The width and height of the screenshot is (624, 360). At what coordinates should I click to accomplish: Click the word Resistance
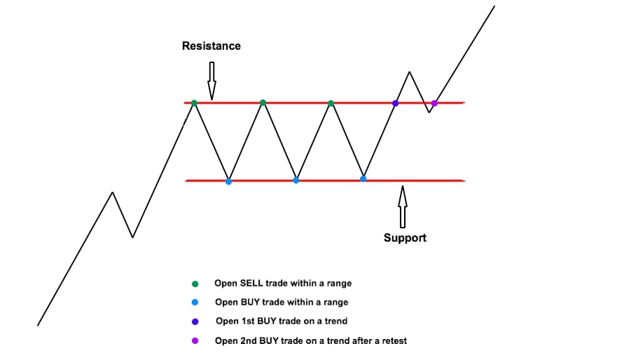pyautogui.click(x=212, y=46)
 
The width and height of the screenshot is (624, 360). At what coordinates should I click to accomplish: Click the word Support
pyautogui.click(x=405, y=238)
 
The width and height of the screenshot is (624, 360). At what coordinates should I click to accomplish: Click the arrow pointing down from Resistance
pyautogui.click(x=212, y=81)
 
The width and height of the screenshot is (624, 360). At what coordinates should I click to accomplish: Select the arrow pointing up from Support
pyautogui.click(x=402, y=207)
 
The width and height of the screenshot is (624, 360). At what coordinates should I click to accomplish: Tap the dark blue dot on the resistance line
pyautogui.click(x=395, y=104)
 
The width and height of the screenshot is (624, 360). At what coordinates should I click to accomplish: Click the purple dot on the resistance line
pyautogui.click(x=434, y=104)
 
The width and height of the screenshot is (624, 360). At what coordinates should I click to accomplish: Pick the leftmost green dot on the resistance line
pyautogui.click(x=194, y=104)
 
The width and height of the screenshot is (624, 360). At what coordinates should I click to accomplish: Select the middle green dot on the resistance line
pyautogui.click(x=263, y=103)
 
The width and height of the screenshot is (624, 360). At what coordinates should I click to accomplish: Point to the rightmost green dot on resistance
pyautogui.click(x=331, y=104)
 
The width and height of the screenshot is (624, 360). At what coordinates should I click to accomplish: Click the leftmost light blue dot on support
pyautogui.click(x=228, y=182)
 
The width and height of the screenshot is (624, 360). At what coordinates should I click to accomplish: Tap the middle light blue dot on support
pyautogui.click(x=296, y=181)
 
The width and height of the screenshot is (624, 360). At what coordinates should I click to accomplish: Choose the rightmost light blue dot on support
pyautogui.click(x=363, y=179)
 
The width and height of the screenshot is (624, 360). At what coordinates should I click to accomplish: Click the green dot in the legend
pyautogui.click(x=195, y=284)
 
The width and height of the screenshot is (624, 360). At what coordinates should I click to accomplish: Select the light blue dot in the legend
pyautogui.click(x=195, y=303)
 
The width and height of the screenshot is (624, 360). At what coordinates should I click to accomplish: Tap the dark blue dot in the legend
pyautogui.click(x=195, y=321)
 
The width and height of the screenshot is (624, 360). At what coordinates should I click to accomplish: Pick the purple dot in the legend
pyautogui.click(x=195, y=340)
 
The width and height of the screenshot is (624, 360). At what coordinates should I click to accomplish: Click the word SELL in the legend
pyautogui.click(x=251, y=283)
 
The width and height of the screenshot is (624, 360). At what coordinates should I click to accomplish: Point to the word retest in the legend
pyautogui.click(x=394, y=341)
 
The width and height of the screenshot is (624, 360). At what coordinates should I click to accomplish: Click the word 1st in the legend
pyautogui.click(x=247, y=321)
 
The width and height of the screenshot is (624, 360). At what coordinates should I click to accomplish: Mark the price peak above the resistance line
pyautogui.click(x=409, y=72)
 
